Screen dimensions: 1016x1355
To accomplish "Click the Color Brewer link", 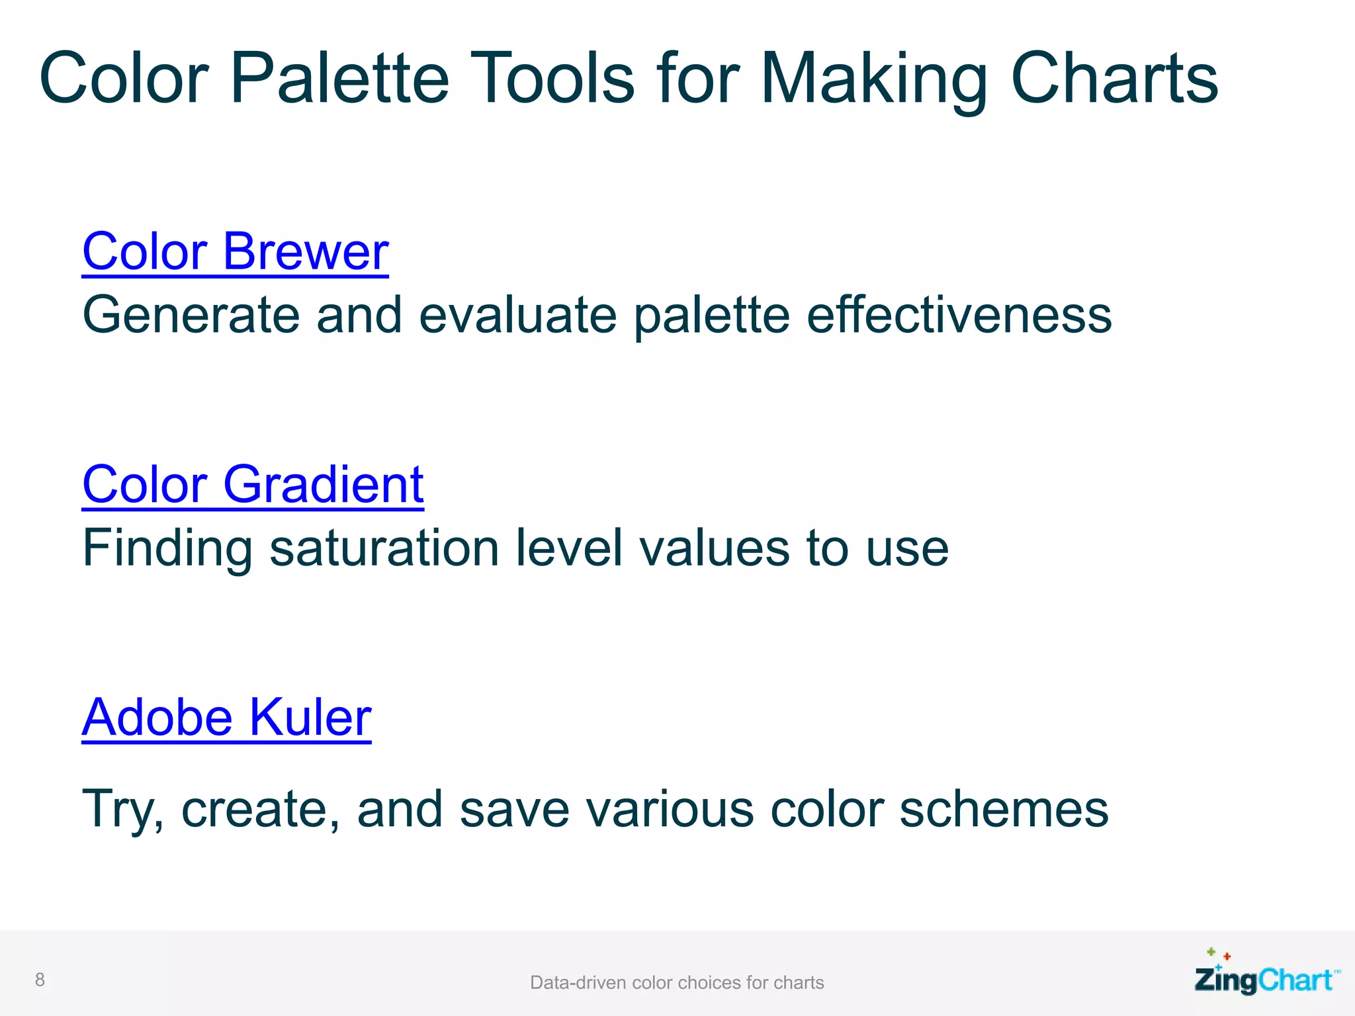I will [236, 252].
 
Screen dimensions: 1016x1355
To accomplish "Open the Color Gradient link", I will [253, 485].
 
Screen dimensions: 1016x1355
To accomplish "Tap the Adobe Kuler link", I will [226, 718].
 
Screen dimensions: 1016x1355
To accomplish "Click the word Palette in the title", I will [339, 79].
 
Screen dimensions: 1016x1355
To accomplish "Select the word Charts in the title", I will [1114, 79].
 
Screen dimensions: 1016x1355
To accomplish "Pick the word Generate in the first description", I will [191, 316].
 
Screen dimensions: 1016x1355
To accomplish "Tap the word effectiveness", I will [959, 316].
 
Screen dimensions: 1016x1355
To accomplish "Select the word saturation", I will [384, 548].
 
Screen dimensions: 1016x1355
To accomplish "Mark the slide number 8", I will [40, 980].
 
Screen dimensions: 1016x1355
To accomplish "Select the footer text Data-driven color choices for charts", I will [677, 982].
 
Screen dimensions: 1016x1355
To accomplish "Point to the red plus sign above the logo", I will [1227, 956].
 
